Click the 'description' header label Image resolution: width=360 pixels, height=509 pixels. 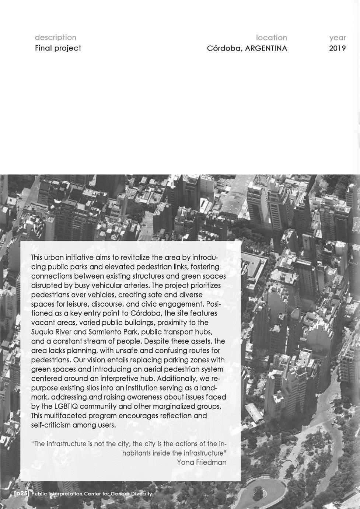click(x=56, y=37)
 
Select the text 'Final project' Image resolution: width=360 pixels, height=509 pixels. click(x=58, y=48)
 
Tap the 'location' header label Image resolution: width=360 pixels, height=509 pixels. click(x=271, y=38)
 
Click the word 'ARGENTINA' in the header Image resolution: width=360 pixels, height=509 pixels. click(x=266, y=48)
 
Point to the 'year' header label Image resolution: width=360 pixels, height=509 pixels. click(x=338, y=38)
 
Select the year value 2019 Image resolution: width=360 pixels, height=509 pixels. click(x=338, y=48)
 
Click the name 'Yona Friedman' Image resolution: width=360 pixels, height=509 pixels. click(x=202, y=462)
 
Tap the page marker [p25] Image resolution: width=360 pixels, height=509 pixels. click(x=21, y=494)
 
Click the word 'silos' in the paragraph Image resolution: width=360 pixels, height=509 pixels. click(x=93, y=388)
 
